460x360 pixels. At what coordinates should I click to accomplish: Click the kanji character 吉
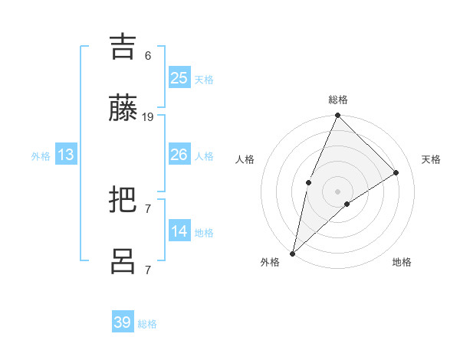tap(123, 47)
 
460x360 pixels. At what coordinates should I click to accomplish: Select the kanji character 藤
tap(123, 108)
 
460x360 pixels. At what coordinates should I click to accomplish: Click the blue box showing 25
tap(179, 77)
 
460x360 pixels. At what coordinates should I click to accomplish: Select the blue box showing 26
tap(179, 155)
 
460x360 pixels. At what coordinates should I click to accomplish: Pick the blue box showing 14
tap(179, 231)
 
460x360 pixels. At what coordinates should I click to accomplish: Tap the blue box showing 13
tap(66, 155)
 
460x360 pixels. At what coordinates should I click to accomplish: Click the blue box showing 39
tap(123, 322)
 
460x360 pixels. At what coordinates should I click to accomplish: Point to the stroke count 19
tap(148, 117)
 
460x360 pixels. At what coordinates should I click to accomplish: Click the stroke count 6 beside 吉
tap(148, 56)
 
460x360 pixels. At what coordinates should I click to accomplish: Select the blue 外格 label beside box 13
tap(41, 155)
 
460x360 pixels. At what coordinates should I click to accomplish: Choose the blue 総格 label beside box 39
tap(147, 324)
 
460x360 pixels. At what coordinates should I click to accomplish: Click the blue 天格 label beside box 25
tap(204, 79)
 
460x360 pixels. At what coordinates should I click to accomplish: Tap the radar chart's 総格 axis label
tap(338, 100)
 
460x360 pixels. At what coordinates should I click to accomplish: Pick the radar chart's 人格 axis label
tap(245, 159)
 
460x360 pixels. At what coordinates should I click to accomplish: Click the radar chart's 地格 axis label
tap(402, 262)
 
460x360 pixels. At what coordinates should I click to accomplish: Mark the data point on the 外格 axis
tap(292, 253)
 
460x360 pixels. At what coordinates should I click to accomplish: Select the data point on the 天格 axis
tap(396, 172)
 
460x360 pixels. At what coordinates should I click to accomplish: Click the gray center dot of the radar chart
tap(338, 191)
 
